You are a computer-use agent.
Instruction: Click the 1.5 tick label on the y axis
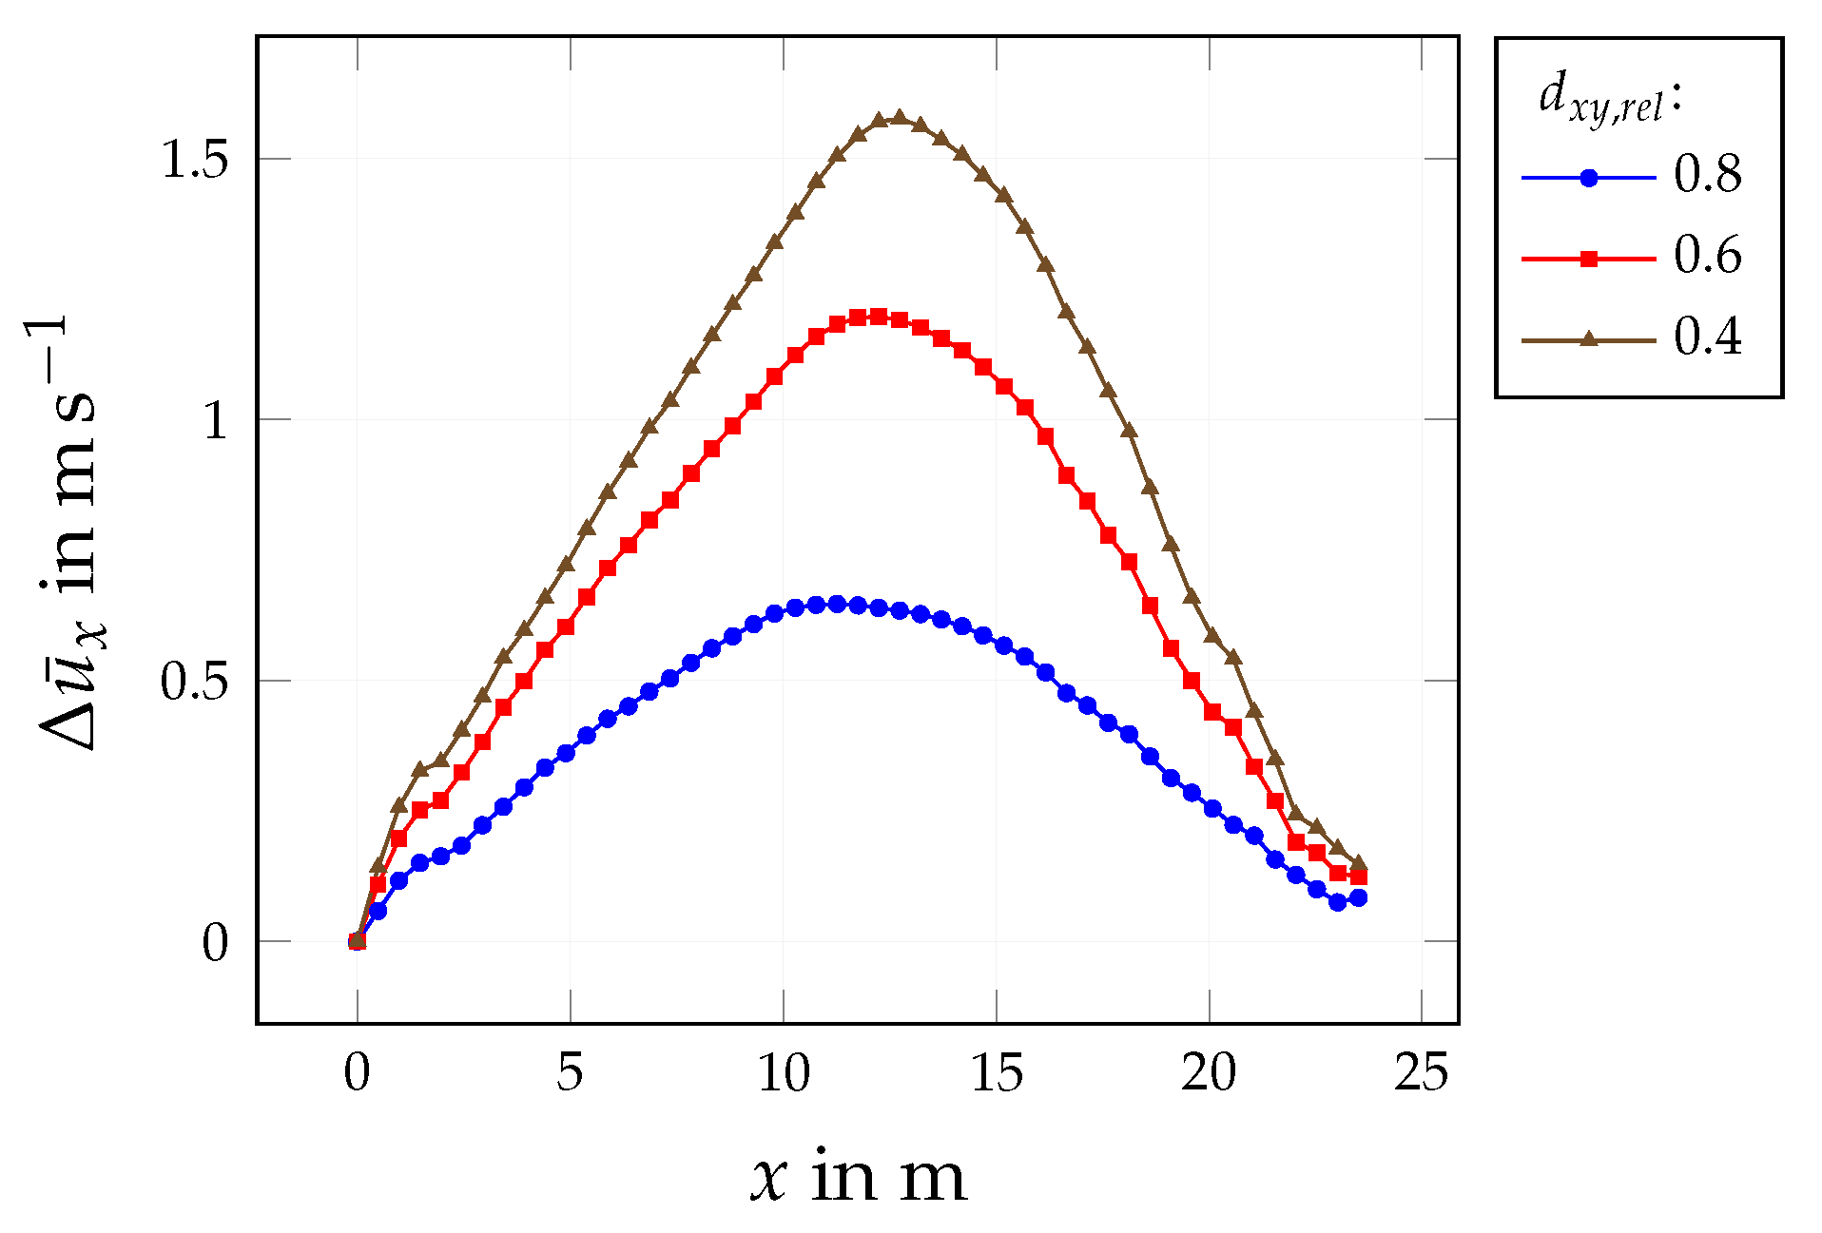[x=195, y=160]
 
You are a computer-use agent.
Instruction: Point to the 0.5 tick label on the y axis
[x=195, y=682]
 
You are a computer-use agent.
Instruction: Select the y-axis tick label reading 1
[x=216, y=420]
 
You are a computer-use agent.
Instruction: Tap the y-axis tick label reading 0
[x=216, y=943]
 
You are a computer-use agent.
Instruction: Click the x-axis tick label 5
[x=570, y=1073]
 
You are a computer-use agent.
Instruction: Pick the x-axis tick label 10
[x=784, y=1073]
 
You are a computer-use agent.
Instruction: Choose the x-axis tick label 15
[x=997, y=1073]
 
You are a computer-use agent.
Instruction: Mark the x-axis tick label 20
[x=1209, y=1073]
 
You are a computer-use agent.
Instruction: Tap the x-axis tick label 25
[x=1422, y=1073]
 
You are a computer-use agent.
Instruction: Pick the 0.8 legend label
[x=1708, y=175]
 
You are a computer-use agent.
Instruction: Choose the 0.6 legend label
[x=1708, y=256]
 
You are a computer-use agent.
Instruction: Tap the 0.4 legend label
[x=1708, y=337]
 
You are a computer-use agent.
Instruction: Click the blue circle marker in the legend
[x=1588, y=178]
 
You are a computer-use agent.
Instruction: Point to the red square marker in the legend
[x=1588, y=259]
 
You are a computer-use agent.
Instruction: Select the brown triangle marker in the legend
[x=1588, y=338]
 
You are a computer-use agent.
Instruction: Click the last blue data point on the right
[x=1358, y=897]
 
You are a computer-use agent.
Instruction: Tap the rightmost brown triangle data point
[x=1358, y=863]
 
